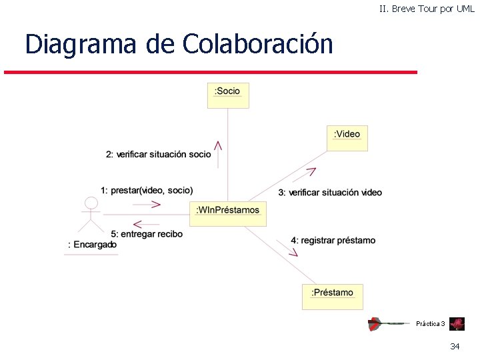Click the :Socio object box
click(x=228, y=95)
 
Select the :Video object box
click(x=347, y=137)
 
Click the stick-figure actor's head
click(x=91, y=203)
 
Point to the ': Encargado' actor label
click(x=92, y=245)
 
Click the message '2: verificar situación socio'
click(x=158, y=155)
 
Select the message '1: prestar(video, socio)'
click(x=147, y=190)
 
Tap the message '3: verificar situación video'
click(x=330, y=193)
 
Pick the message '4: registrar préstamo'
click(x=333, y=240)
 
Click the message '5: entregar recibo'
click(x=146, y=234)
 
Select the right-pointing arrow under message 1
click(x=154, y=203)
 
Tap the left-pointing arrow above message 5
click(x=141, y=223)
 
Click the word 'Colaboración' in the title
click(x=257, y=44)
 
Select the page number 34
click(x=455, y=346)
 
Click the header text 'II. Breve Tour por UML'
click(x=427, y=9)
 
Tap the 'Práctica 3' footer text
click(x=430, y=324)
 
